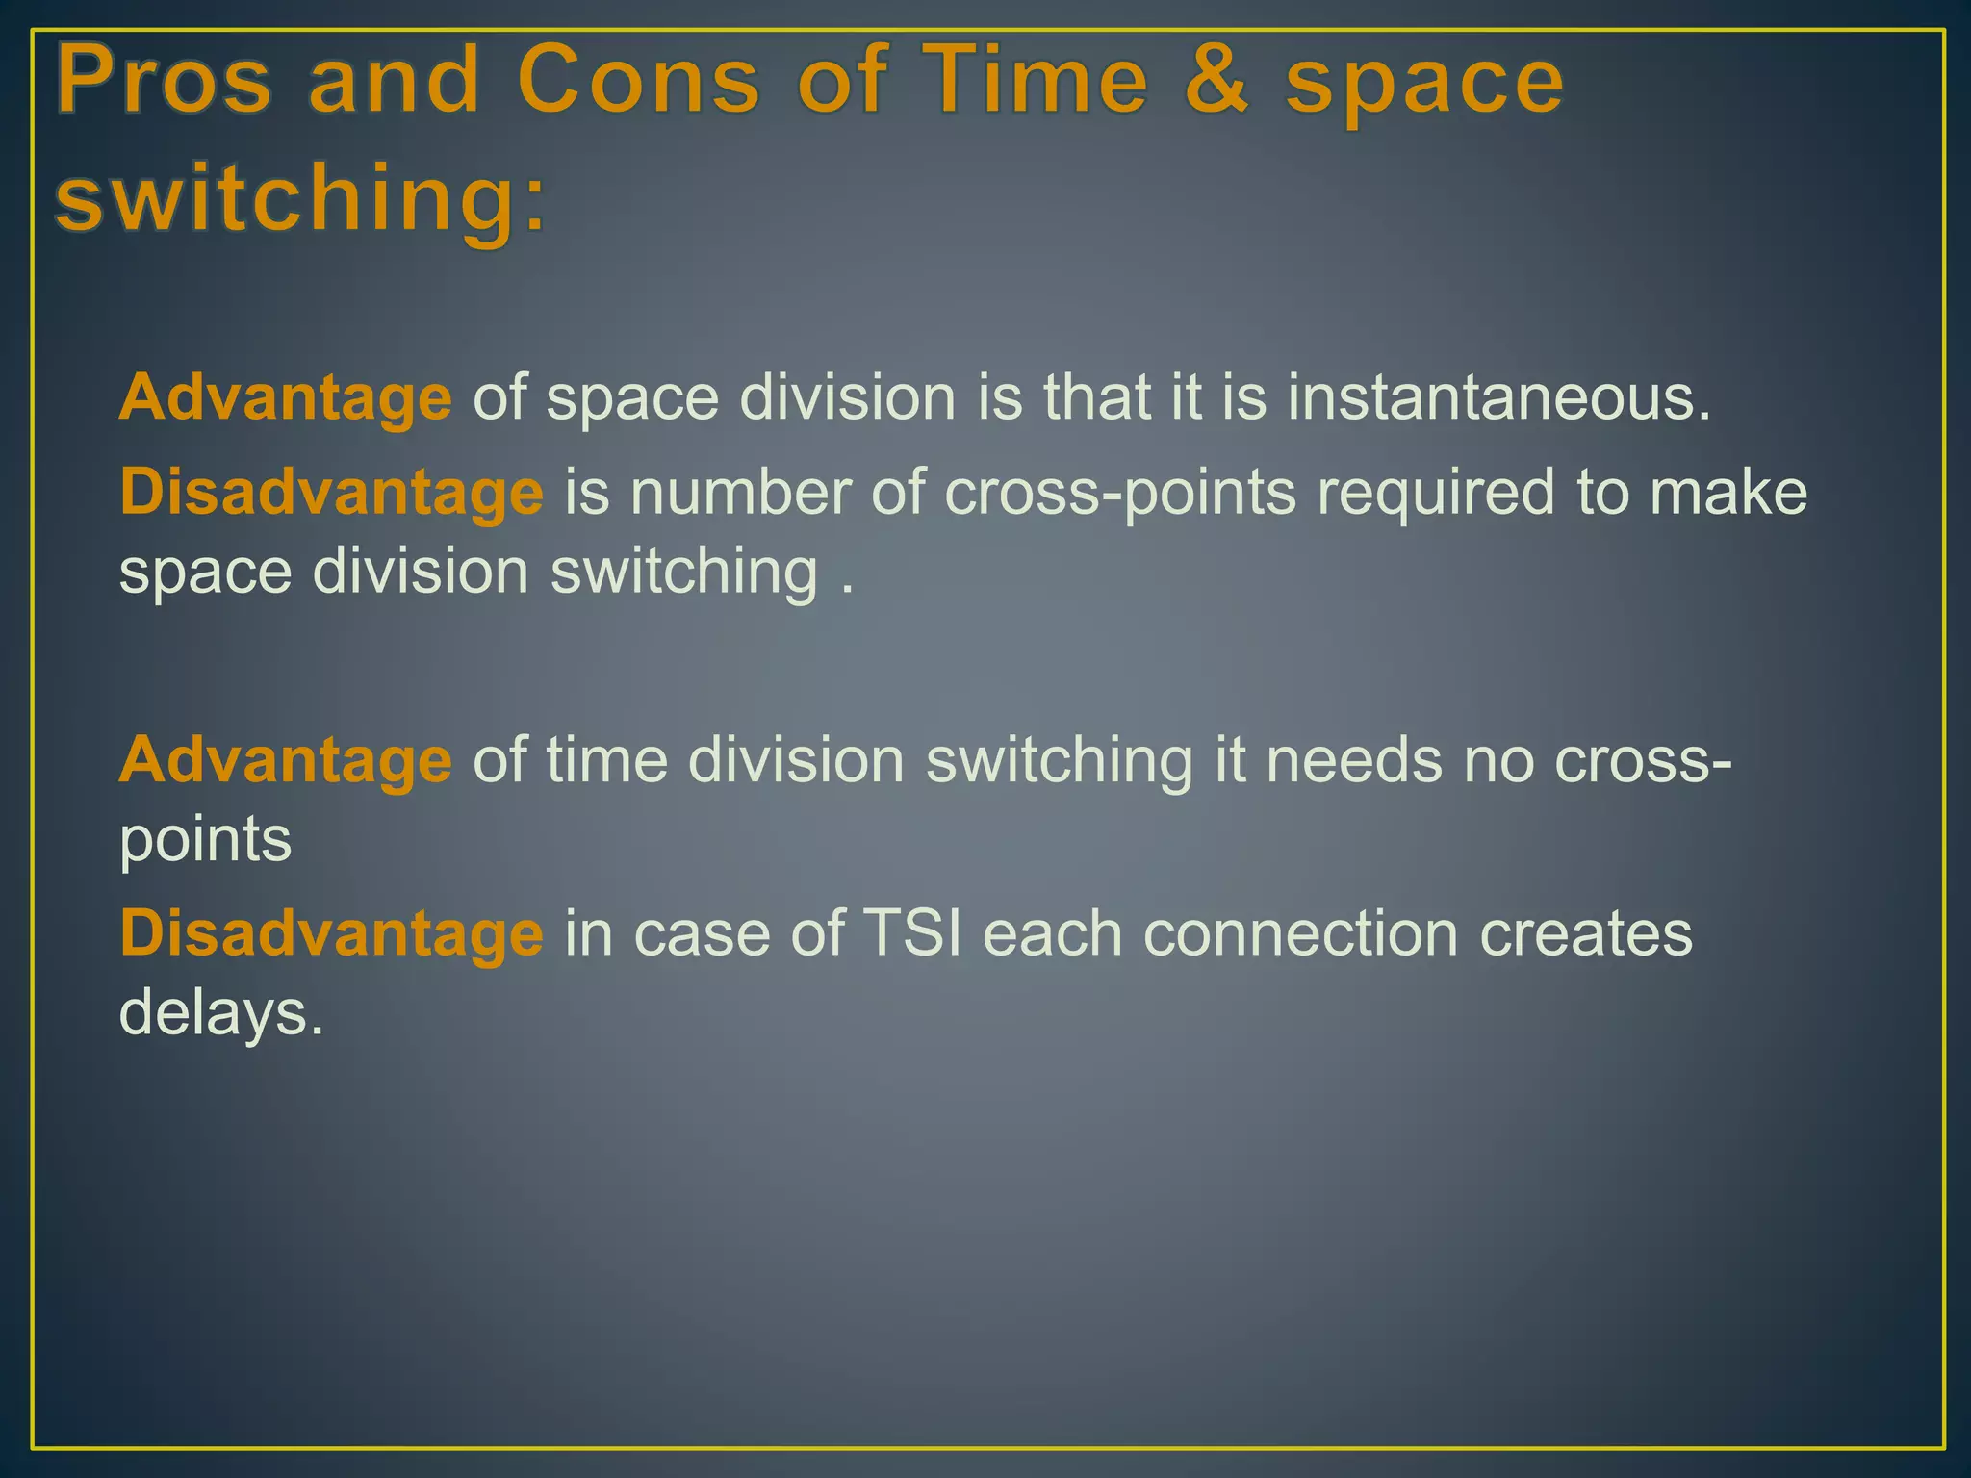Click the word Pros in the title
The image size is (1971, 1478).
coord(166,83)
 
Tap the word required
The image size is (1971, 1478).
coord(1435,493)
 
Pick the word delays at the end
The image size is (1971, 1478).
coord(220,1012)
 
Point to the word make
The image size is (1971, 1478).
coord(1728,493)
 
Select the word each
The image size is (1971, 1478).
coord(1052,933)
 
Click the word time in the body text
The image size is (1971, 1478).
coord(606,760)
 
